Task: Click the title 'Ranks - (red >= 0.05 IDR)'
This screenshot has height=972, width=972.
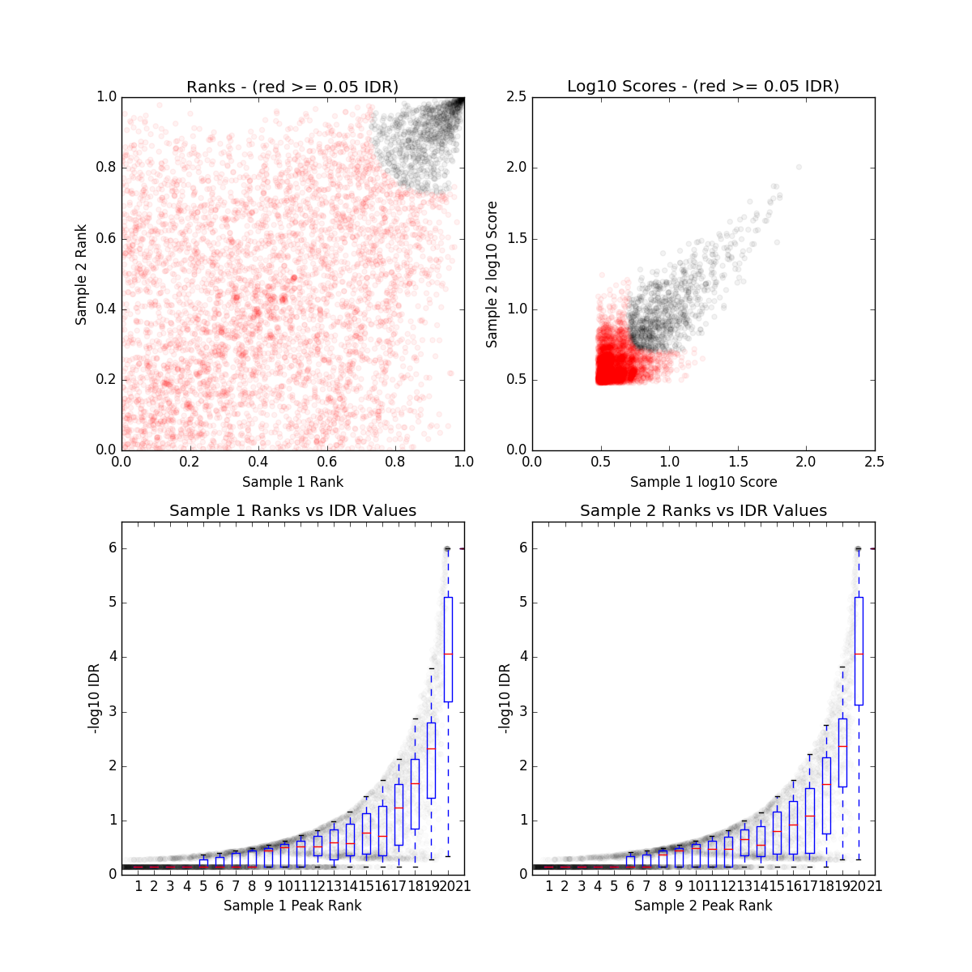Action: pos(292,87)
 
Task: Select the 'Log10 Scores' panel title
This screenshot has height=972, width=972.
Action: pos(703,86)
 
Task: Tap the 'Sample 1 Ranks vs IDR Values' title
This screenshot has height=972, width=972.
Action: pos(292,511)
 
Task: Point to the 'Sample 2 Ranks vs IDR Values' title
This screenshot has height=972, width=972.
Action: pos(703,511)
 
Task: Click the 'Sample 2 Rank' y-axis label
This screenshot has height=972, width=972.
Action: pos(81,274)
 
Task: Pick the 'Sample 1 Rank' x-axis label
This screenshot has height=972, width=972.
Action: pos(292,482)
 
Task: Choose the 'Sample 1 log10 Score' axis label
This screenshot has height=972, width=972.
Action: pos(703,482)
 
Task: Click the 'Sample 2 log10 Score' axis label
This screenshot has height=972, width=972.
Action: pos(492,274)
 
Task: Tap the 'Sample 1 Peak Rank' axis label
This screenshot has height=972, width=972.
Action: pos(292,906)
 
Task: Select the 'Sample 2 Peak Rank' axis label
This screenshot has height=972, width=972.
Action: pos(703,906)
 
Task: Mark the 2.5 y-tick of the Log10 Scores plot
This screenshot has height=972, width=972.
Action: pos(516,97)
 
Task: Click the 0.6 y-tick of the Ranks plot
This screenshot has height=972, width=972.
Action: pos(106,238)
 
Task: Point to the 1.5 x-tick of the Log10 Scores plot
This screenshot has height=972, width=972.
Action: pos(738,462)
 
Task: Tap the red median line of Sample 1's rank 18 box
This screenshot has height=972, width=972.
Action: pos(415,783)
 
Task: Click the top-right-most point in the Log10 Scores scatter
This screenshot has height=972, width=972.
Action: pos(799,167)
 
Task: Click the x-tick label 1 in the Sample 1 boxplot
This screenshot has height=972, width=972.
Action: pos(139,886)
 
